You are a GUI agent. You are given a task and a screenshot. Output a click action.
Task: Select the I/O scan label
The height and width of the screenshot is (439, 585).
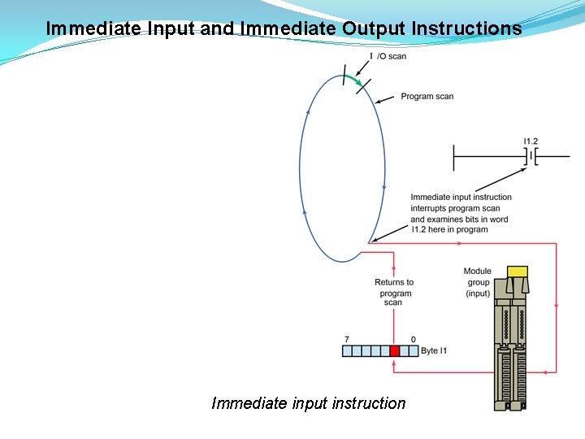click(388, 56)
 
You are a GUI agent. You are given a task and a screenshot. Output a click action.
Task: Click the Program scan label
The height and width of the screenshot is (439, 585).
click(427, 97)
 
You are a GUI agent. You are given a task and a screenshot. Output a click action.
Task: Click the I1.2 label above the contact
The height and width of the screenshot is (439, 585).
click(531, 141)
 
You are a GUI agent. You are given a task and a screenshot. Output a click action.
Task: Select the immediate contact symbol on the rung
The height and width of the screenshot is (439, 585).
click(531, 155)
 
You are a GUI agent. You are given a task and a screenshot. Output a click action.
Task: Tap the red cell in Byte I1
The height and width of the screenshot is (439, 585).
click(395, 351)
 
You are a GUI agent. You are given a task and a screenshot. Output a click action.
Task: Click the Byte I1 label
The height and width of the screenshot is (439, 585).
click(434, 351)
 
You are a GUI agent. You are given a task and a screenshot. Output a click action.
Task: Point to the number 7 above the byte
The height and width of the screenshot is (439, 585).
click(347, 339)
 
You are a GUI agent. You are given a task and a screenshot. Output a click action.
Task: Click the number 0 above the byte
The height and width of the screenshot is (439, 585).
click(414, 339)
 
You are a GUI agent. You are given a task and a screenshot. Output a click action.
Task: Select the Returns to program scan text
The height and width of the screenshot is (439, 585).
click(394, 293)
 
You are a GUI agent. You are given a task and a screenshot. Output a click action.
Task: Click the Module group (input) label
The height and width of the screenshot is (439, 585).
click(477, 282)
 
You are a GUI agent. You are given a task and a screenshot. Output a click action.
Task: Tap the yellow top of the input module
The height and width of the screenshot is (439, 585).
click(516, 271)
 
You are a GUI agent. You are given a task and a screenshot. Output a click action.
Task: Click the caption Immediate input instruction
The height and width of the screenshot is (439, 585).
click(308, 403)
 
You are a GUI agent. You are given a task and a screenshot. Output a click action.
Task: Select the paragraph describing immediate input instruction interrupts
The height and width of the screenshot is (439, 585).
click(461, 213)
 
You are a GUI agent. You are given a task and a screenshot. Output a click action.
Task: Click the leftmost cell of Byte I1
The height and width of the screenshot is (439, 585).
click(347, 351)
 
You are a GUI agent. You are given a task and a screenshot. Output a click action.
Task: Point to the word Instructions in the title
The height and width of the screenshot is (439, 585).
click(467, 28)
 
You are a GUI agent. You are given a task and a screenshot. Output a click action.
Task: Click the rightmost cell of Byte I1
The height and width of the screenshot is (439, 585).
click(414, 351)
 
